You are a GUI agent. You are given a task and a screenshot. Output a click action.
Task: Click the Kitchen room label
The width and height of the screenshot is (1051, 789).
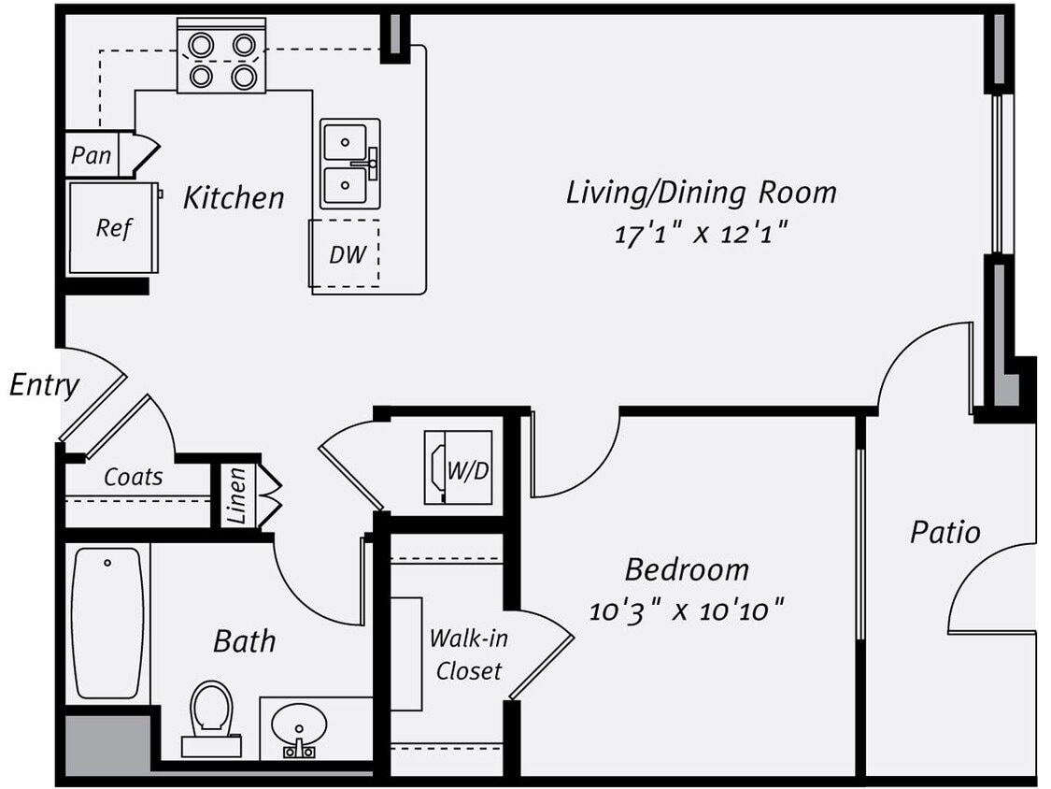pyautogui.click(x=233, y=198)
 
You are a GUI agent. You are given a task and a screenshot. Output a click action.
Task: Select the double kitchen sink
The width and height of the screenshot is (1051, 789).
pyautogui.click(x=349, y=164)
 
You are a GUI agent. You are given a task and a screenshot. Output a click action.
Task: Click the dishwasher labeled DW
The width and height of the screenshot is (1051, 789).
pyautogui.click(x=346, y=253)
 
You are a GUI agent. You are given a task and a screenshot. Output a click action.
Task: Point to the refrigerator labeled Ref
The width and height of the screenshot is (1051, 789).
pyautogui.click(x=113, y=227)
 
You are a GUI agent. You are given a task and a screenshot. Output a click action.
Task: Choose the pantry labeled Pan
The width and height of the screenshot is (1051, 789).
pyautogui.click(x=92, y=155)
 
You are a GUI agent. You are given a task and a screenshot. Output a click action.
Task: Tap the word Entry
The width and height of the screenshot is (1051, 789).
pyautogui.click(x=44, y=384)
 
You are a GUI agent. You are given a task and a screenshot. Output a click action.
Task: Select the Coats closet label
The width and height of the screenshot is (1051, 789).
pyautogui.click(x=133, y=477)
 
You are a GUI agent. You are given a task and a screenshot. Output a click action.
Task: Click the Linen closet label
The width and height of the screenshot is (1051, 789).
pyautogui.click(x=236, y=495)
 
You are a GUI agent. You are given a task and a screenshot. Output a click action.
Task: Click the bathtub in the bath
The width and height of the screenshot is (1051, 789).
pyautogui.click(x=107, y=622)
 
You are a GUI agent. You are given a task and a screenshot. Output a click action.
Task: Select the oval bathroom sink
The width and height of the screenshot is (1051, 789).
pyautogui.click(x=299, y=725)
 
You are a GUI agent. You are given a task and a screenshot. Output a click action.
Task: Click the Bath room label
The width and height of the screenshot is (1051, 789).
pyautogui.click(x=245, y=641)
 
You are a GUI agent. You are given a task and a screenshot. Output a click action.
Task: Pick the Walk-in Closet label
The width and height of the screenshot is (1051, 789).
pyautogui.click(x=468, y=654)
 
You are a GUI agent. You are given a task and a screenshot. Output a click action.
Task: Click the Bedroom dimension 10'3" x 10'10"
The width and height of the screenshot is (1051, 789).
pyautogui.click(x=686, y=611)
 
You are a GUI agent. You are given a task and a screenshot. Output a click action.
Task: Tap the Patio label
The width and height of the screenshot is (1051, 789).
pyautogui.click(x=945, y=533)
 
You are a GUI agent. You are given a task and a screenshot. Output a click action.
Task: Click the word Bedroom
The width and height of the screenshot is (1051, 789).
pyautogui.click(x=687, y=569)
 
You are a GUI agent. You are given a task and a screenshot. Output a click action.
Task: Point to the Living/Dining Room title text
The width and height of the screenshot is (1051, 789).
pyautogui.click(x=701, y=193)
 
